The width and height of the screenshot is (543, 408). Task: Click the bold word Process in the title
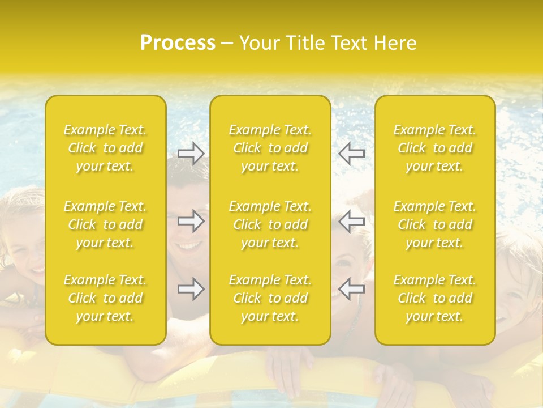click(x=178, y=43)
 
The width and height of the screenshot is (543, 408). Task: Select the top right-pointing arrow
click(x=191, y=154)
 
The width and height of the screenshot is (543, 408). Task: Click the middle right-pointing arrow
click(x=191, y=221)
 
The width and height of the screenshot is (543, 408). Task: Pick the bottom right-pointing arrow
click(x=191, y=289)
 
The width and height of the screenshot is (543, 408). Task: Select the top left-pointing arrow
click(x=352, y=154)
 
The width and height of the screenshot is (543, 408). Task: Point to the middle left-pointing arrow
click(x=352, y=221)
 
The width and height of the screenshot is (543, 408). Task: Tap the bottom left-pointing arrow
click(x=352, y=289)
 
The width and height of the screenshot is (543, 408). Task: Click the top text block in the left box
click(x=105, y=148)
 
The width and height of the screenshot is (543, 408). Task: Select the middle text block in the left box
click(x=105, y=224)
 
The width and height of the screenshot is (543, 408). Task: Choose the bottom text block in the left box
click(x=105, y=298)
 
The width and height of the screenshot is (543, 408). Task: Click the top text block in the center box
click(x=270, y=148)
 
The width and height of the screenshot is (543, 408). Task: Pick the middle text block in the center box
click(x=270, y=224)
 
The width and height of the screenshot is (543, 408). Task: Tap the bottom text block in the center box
click(x=270, y=298)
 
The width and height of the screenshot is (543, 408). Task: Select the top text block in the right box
click(x=435, y=148)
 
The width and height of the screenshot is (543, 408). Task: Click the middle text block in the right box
click(x=435, y=224)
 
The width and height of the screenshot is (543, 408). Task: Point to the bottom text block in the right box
click(x=435, y=298)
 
